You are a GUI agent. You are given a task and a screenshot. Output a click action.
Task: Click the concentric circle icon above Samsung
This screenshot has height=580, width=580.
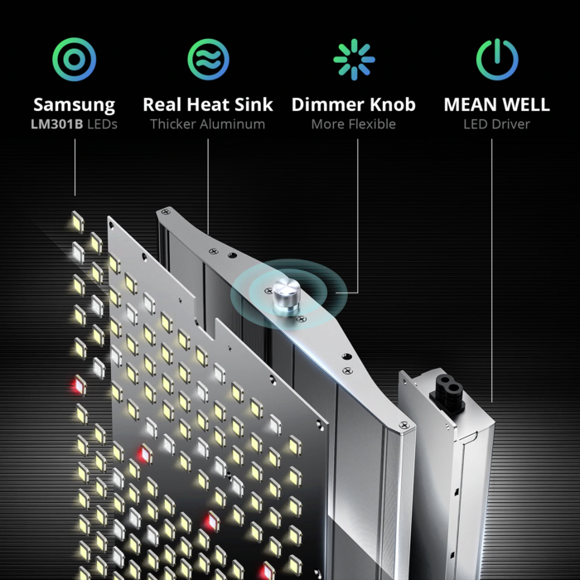coord(75,59)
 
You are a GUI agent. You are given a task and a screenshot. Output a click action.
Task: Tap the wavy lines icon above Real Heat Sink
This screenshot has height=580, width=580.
coord(208,59)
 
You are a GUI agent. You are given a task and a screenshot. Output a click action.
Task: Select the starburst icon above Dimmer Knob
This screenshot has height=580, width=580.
coord(354,59)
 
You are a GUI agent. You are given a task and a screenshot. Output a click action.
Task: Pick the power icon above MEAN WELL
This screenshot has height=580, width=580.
coord(496,59)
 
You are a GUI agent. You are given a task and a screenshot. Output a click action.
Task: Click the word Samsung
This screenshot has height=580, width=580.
coord(75,105)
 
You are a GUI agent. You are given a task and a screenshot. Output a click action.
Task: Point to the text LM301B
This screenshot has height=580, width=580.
coord(57,124)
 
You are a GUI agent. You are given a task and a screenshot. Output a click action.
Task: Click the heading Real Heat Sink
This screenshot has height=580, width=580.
coord(208,105)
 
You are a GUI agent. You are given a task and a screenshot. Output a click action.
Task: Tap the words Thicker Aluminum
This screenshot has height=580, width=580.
coord(208,124)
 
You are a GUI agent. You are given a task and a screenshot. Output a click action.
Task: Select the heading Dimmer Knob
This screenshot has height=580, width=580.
coord(354,105)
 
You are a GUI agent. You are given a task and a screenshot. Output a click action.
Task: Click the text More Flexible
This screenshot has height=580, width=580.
coord(354,124)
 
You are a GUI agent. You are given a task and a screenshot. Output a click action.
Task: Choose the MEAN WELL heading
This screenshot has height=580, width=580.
coord(496,105)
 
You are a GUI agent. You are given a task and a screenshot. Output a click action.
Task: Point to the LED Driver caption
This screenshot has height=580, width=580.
coord(496,124)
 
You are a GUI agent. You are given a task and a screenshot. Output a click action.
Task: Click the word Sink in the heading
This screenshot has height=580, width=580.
coord(252,105)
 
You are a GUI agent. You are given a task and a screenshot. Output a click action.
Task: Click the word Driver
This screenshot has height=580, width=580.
coord(510,124)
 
